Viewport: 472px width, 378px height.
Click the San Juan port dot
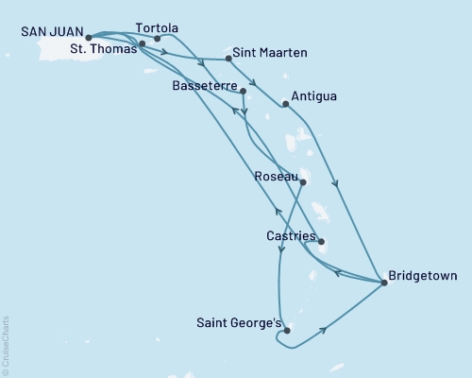tap(89, 39)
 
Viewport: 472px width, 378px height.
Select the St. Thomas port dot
tap(142, 44)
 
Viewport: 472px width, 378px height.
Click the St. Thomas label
tap(105, 52)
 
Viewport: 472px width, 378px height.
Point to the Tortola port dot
tap(157, 40)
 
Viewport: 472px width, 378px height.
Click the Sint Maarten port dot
tap(229, 60)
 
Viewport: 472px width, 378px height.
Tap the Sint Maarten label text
tap(275, 54)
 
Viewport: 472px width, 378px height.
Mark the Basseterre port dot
tap(244, 92)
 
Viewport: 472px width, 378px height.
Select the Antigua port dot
tap(286, 104)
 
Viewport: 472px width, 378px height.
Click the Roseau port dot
tap(303, 182)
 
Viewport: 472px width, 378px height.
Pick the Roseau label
tap(277, 175)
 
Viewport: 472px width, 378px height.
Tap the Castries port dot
tap(322, 241)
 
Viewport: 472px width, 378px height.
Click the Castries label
tap(291, 233)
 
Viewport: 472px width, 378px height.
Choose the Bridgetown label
tap(423, 277)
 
